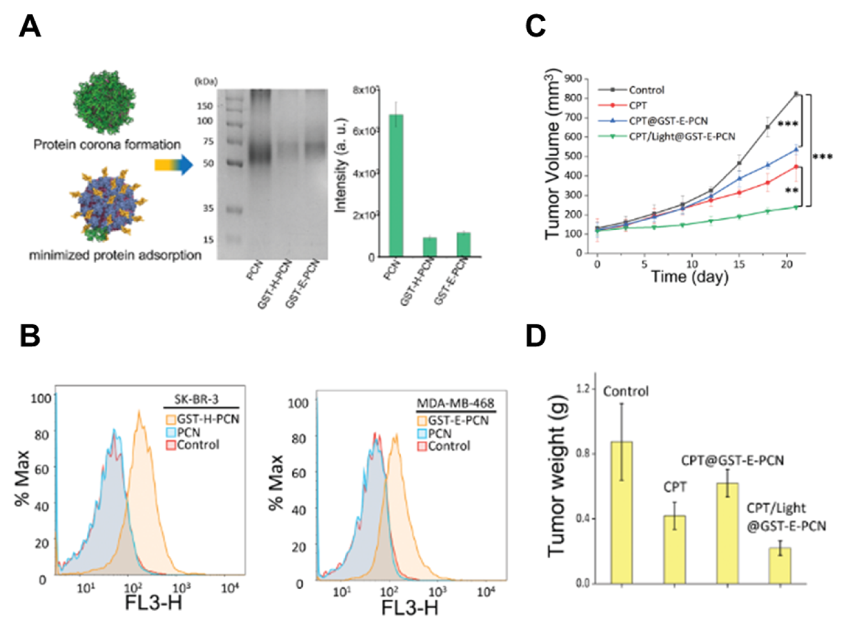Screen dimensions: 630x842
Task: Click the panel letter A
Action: tap(29, 27)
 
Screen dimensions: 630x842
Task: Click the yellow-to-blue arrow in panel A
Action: tap(174, 165)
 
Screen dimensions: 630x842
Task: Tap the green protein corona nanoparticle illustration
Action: tap(104, 102)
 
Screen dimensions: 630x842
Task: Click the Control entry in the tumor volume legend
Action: tap(646, 90)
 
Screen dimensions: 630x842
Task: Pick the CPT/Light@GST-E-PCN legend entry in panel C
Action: tap(681, 136)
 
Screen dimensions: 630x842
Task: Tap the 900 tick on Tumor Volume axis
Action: tap(574, 79)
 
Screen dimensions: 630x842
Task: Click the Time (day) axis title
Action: tap(689, 277)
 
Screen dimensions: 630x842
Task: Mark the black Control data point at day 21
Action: tap(795, 93)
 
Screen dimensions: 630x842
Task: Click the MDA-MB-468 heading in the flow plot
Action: tap(456, 403)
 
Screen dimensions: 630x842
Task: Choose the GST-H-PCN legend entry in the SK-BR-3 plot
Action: tap(208, 419)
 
